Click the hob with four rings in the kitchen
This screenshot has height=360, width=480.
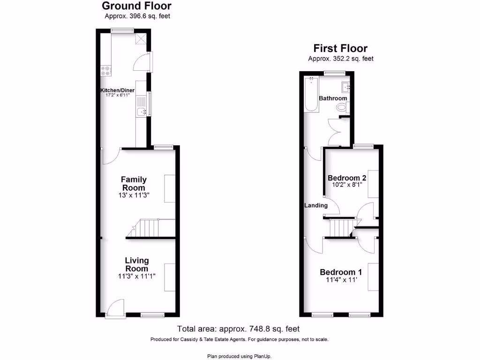[x=105, y=71]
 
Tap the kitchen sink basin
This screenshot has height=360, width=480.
[x=142, y=112]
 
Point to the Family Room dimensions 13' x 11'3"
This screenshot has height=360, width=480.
[x=134, y=195]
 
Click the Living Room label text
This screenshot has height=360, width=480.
[x=136, y=264]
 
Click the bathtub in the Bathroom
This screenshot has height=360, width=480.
[x=311, y=94]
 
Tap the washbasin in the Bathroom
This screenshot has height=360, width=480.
[x=346, y=86]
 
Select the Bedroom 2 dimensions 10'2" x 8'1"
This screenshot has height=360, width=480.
[x=346, y=186]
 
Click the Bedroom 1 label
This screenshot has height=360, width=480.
[x=341, y=272]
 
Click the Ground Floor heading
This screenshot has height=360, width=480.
[x=136, y=6]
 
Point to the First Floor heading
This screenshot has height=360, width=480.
[x=340, y=48]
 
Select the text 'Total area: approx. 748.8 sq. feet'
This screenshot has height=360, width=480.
[x=238, y=329]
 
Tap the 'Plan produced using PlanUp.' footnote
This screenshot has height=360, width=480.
[x=239, y=356]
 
